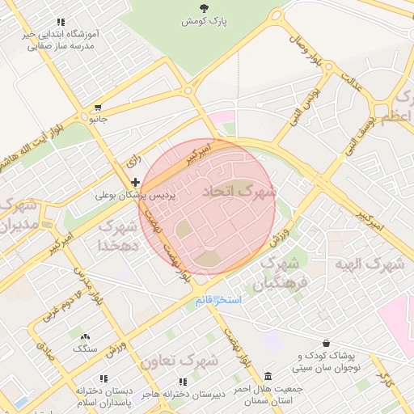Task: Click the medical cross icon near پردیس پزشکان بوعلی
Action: click(x=134, y=183)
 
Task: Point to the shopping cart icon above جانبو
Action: click(x=98, y=107)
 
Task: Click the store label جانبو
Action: click(x=97, y=119)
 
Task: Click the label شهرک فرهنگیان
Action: click(x=281, y=273)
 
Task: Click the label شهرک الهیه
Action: click(x=374, y=264)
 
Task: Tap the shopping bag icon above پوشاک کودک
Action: click(x=326, y=343)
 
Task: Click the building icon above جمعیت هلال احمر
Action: click(x=268, y=377)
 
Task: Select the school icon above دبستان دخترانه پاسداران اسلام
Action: click(x=103, y=378)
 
